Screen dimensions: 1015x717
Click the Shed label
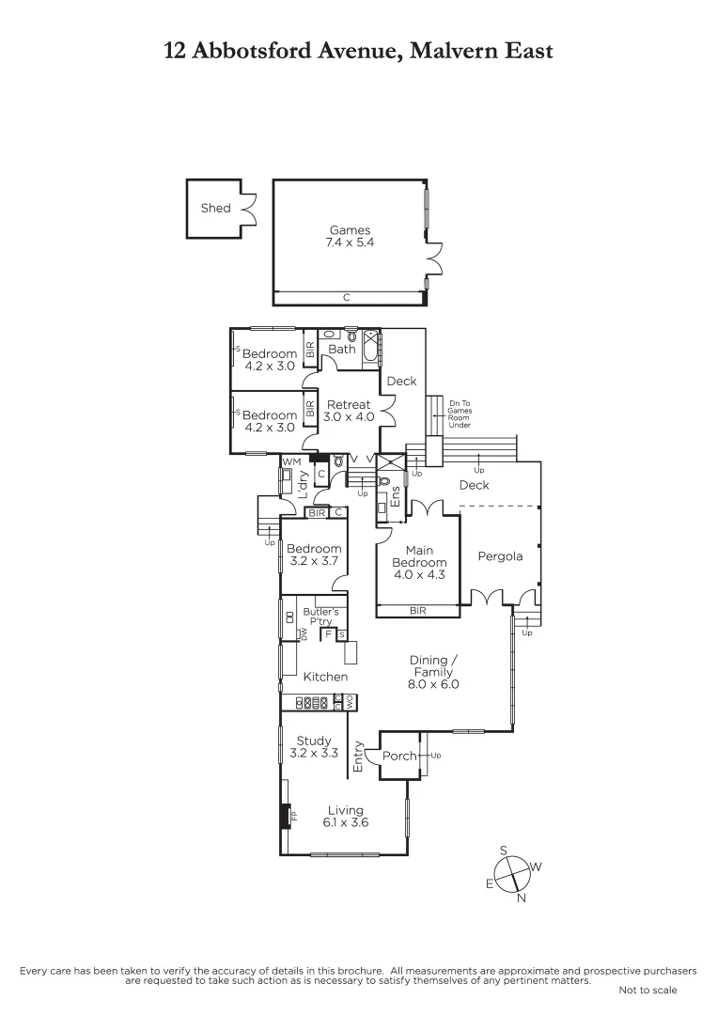pyautogui.click(x=215, y=208)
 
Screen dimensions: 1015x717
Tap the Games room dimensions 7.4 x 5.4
pyautogui.click(x=350, y=242)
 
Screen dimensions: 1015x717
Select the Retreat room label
pyautogui.click(x=348, y=405)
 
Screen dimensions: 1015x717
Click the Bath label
pyautogui.click(x=342, y=349)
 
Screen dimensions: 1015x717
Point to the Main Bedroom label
pyautogui.click(x=418, y=556)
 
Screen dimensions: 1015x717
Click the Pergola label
pyautogui.click(x=500, y=556)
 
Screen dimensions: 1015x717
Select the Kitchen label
pyautogui.click(x=325, y=677)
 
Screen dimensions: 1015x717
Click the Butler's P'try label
pyautogui.click(x=320, y=617)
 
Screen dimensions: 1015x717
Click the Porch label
pyautogui.click(x=399, y=757)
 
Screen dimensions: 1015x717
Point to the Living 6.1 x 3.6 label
pyautogui.click(x=345, y=816)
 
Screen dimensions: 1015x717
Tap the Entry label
pyautogui.click(x=358, y=757)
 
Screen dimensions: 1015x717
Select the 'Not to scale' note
pyautogui.click(x=647, y=990)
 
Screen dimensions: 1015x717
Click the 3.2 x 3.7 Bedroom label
pyautogui.click(x=313, y=554)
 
